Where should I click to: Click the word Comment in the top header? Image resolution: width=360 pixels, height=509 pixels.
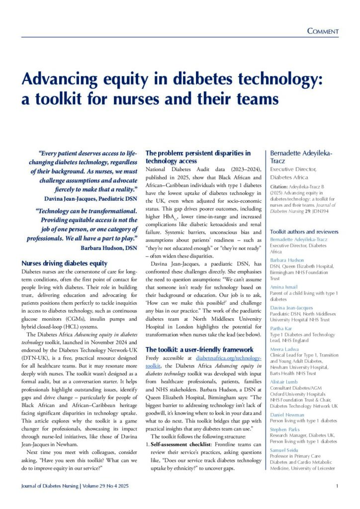point(323,31)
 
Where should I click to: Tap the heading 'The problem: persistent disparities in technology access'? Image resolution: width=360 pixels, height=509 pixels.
point(197,157)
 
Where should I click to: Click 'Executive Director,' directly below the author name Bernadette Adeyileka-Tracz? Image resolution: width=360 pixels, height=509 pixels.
point(291,169)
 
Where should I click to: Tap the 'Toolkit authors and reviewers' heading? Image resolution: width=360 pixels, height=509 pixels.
point(304,232)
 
